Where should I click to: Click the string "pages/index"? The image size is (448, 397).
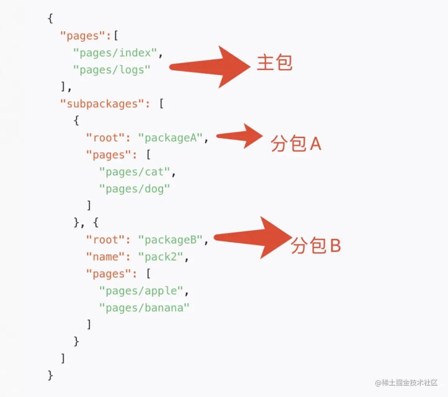[x=115, y=53]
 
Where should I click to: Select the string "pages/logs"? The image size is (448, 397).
[x=112, y=70]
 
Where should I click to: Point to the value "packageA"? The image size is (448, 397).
[x=171, y=138]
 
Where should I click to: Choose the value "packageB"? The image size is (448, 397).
[x=171, y=240]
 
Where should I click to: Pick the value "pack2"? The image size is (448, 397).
[x=161, y=257]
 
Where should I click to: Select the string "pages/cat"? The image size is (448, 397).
[x=135, y=172]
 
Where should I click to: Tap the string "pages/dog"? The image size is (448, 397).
[x=135, y=189]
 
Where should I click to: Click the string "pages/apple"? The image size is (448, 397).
[x=141, y=291]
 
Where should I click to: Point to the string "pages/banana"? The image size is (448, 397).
[x=144, y=308]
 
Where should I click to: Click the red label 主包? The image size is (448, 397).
[x=274, y=63]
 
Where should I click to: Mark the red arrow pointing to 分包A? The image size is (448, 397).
[x=240, y=136]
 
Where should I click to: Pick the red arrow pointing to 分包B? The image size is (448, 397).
[x=254, y=237]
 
